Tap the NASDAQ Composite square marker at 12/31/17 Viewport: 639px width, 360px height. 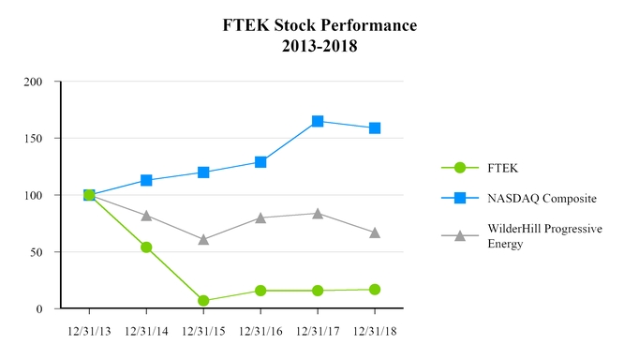pos(318,121)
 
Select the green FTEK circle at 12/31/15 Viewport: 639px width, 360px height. pos(203,301)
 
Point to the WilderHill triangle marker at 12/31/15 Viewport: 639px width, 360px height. pos(203,239)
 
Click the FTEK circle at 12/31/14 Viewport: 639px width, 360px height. pos(146,247)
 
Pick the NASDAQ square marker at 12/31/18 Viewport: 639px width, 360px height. pos(375,127)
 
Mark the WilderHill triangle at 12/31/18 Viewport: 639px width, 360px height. pos(375,232)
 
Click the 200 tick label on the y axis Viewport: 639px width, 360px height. pos(34,82)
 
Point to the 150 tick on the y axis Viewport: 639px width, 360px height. pos(34,139)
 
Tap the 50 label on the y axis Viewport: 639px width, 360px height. pos(37,252)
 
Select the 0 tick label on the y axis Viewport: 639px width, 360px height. pos(39,309)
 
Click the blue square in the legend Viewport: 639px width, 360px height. pos(459,198)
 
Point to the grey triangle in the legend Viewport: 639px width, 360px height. pos(459,235)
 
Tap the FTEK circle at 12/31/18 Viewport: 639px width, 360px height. pos(375,290)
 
